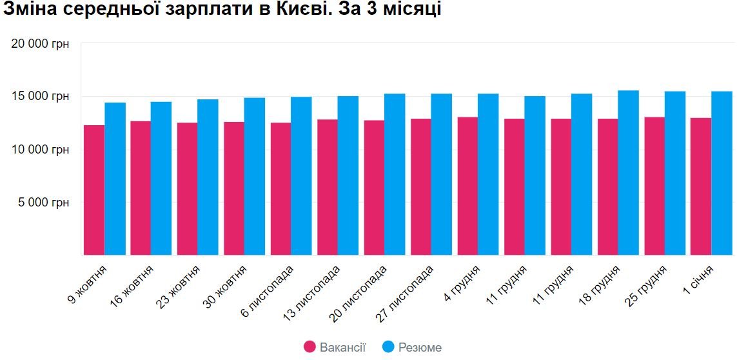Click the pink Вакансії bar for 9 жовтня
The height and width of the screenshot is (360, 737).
click(x=94, y=190)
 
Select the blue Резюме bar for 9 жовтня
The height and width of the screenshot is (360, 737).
click(x=115, y=179)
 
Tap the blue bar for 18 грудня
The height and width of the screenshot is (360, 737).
click(x=628, y=172)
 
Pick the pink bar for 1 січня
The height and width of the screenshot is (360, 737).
click(x=701, y=186)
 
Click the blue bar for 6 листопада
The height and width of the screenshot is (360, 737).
click(x=301, y=175)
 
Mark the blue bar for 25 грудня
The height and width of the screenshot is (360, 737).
click(x=675, y=173)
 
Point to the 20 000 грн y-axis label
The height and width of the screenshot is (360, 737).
click(x=40, y=44)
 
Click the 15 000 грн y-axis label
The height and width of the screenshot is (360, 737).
click(x=40, y=97)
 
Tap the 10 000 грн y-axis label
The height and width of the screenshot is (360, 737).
click(x=40, y=149)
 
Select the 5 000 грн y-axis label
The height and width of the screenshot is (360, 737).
click(x=44, y=202)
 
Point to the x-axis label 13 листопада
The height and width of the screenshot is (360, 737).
click(x=313, y=292)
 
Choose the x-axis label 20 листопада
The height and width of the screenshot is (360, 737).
click(x=359, y=292)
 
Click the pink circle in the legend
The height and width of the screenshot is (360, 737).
click(x=310, y=347)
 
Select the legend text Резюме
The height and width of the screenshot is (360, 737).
click(x=420, y=348)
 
